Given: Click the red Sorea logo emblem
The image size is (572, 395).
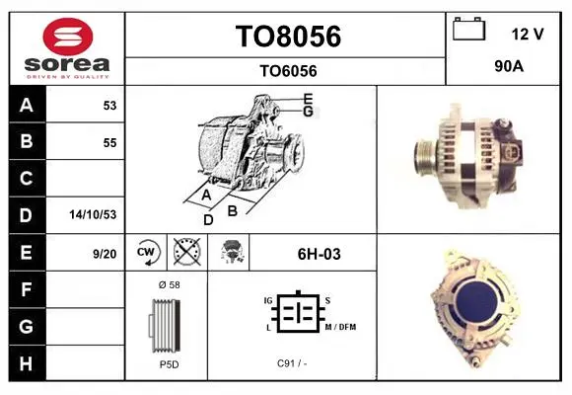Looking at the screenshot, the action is point(68,37).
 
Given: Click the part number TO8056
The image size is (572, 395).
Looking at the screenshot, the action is point(288,37).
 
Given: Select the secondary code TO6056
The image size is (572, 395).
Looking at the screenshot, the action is point(288,71).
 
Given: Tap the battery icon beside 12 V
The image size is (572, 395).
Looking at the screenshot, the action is point(468,29).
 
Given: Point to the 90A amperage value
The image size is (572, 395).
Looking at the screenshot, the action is point(509,66).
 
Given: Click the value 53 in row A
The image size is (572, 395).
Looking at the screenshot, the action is point(109,106).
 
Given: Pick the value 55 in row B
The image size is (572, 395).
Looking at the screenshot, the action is point(109,143).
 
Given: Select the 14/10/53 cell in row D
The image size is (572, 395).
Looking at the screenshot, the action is point(93,214).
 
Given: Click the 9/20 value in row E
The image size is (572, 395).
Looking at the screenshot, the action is point(105,254).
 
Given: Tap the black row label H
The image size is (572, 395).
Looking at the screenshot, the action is point(27,363).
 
